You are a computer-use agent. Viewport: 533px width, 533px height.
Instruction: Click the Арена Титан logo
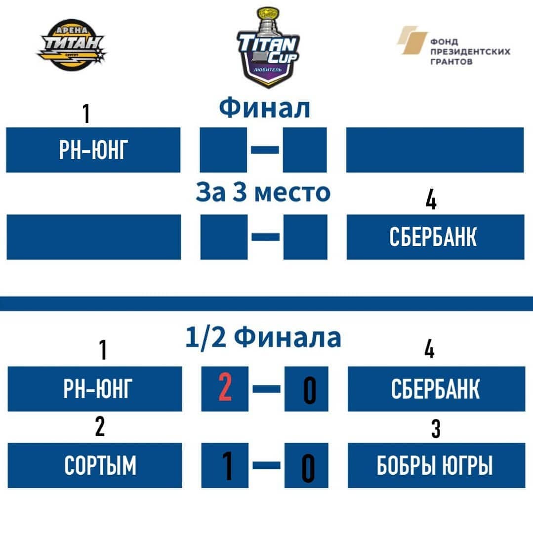[72, 45]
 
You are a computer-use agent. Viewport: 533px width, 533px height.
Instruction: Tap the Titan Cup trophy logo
[268, 47]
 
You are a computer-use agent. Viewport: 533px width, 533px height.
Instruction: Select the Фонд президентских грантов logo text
[470, 51]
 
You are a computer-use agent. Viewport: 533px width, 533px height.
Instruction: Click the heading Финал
[264, 108]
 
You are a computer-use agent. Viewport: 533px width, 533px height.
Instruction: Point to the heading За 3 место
[263, 192]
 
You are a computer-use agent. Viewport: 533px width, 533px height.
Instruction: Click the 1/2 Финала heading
[263, 337]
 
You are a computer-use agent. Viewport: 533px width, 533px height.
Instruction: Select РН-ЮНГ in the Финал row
[93, 150]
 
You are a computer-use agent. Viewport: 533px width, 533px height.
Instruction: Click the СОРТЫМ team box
[94, 465]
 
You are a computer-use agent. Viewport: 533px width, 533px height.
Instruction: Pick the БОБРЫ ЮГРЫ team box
[437, 465]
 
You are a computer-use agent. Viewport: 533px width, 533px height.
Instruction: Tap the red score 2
[225, 387]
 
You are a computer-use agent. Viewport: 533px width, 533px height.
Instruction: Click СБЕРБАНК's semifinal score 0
[310, 390]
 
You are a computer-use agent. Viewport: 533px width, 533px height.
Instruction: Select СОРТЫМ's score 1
[227, 466]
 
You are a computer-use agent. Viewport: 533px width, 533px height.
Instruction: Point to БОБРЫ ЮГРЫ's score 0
[308, 468]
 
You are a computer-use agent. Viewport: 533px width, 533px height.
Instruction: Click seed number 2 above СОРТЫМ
[100, 427]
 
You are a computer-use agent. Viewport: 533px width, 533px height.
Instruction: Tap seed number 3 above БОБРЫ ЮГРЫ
[436, 429]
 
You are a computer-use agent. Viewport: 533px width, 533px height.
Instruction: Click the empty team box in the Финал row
[435, 150]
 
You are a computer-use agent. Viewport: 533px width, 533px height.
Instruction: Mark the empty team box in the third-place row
[94, 237]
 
